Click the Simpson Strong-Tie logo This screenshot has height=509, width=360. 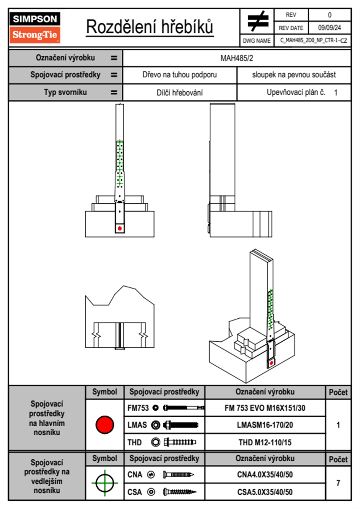tap(35, 27)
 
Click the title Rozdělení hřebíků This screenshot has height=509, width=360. tap(150, 27)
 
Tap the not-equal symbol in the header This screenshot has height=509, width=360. tap(257, 21)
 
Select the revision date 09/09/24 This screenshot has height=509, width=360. tap(329, 28)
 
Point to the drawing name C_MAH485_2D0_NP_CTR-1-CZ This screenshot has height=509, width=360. tap(313, 41)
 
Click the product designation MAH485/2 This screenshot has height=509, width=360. tap(237, 58)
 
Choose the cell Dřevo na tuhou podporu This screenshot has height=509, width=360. tap(179, 75)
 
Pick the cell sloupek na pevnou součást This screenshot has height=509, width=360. tap(294, 75)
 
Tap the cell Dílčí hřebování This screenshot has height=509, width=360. tap(179, 93)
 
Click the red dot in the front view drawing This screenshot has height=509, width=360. tap(120, 228)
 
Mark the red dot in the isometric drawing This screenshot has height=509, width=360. tap(271, 363)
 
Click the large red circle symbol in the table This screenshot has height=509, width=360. tap(105, 425)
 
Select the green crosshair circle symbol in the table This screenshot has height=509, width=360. tap(105, 483)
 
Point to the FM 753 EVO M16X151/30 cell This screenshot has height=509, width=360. tap(265, 408)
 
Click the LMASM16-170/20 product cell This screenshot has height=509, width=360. tap(265, 425)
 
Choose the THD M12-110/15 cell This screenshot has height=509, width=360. tap(265, 442)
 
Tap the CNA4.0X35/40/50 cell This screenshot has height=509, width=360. tap(265, 475)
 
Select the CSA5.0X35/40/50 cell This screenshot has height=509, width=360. tap(265, 492)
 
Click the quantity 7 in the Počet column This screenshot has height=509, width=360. tap(338, 483)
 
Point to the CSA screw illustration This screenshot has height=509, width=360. tap(179, 492)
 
